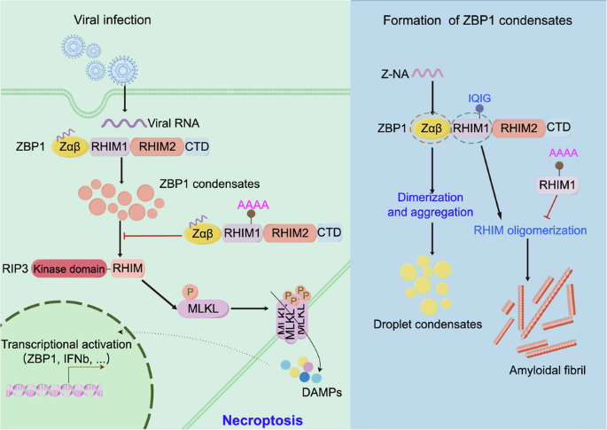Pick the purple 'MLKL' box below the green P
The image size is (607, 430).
coord(201,308)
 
